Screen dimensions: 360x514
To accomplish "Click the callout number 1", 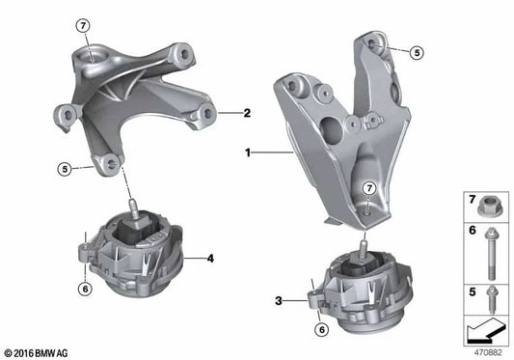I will pyautogui.click(x=250, y=152).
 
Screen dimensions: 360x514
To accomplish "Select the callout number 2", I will pyautogui.click(x=247, y=113).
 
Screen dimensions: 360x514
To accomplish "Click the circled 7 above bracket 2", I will pyautogui.click(x=83, y=26).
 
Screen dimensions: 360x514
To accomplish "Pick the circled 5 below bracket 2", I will pyautogui.click(x=63, y=169).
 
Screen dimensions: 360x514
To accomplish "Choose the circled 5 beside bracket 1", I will pyautogui.click(x=417, y=53).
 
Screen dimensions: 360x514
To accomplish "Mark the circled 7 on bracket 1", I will pyautogui.click(x=368, y=187).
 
